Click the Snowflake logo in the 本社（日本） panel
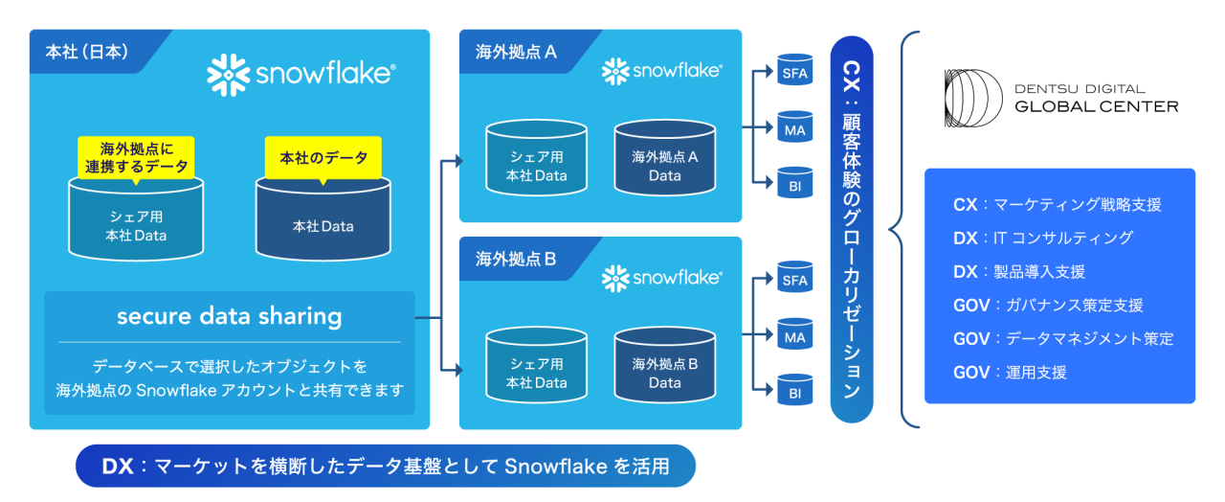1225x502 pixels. coord(301,75)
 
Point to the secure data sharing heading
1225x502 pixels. coord(229,316)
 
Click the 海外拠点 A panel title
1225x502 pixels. coord(516,52)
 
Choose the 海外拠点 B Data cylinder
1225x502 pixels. coord(664,369)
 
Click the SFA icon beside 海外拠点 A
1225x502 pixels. coord(794,72)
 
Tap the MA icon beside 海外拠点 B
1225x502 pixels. coord(794,336)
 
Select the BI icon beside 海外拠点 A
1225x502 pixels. coord(794,184)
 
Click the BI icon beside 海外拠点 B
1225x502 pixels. coord(794,392)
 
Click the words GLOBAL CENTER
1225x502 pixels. coord(1096,106)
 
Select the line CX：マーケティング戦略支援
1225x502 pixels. coord(1057,204)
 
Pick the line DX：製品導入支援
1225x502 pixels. coord(1019,272)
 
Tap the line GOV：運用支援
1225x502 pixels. coord(1010,373)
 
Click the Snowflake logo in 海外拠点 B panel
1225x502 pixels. coord(662,278)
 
